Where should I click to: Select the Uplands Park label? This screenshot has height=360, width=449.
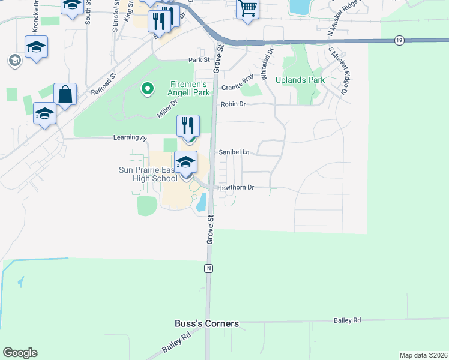[x=300, y=80]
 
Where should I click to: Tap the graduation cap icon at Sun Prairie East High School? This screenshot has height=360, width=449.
[x=186, y=162]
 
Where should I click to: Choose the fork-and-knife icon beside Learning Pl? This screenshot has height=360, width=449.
[x=188, y=127]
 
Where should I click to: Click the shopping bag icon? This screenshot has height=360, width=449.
[x=65, y=94]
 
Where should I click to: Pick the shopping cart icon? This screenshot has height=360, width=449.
[x=247, y=8]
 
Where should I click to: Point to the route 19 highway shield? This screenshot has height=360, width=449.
[x=400, y=40]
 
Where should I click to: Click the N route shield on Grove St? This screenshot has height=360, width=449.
[x=208, y=268]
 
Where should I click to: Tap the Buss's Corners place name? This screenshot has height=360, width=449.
[x=206, y=323]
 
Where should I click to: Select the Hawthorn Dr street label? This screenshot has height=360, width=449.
[x=237, y=188]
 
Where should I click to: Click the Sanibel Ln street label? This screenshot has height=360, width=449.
[x=234, y=152]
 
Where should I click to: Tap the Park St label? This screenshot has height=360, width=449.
[x=198, y=60]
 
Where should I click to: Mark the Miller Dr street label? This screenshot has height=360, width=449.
[x=167, y=110]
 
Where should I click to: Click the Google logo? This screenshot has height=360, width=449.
[x=20, y=353]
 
